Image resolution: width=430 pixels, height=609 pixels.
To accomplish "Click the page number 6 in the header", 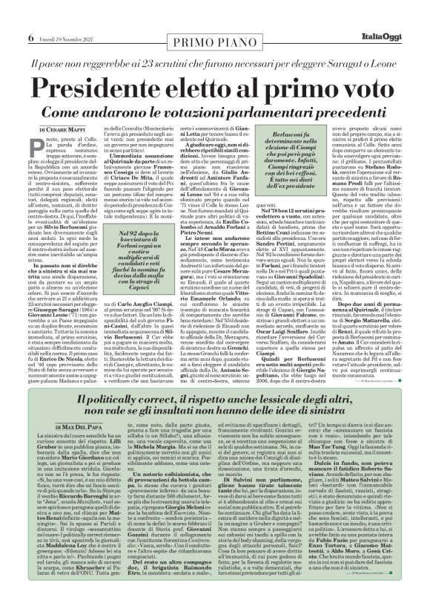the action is [10, 16].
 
